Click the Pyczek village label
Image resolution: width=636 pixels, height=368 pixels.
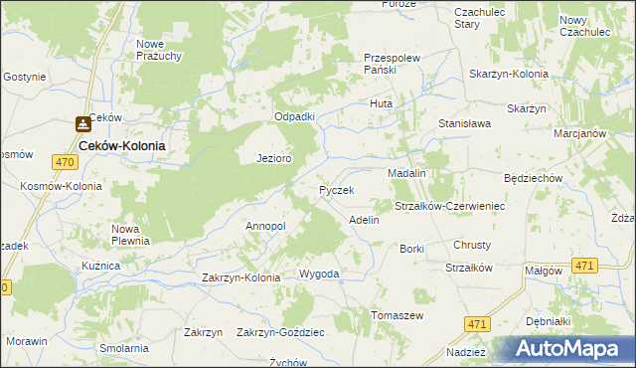(337, 189)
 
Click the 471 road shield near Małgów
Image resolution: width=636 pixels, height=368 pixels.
(585, 265)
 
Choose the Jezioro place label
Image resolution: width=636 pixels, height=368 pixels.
(273, 158)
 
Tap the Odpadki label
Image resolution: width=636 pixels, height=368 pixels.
(294, 116)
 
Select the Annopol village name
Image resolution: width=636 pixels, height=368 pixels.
(265, 226)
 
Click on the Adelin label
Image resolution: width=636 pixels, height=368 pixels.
(364, 220)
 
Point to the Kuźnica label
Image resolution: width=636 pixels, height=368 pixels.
(101, 267)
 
